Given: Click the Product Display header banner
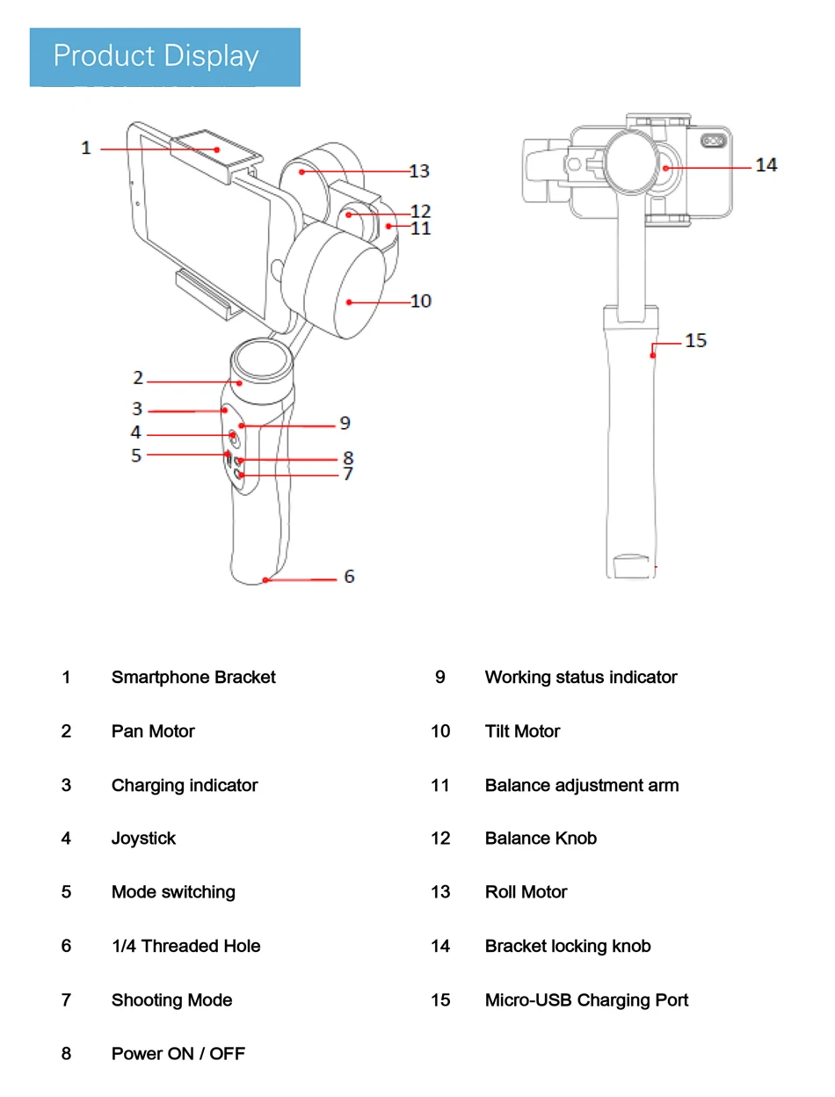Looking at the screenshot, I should coord(165,57).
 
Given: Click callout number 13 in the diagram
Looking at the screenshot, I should coord(419,171).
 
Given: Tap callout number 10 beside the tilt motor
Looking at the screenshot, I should coord(421,301).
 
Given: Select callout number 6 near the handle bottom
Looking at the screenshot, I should coord(349,577).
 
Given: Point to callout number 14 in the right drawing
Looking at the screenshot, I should coord(766,164).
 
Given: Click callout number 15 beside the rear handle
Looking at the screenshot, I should coord(695,340).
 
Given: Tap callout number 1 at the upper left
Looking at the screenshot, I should coord(86,148).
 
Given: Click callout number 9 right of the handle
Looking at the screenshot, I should coord(345,423).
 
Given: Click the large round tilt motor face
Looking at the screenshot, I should coord(338,280).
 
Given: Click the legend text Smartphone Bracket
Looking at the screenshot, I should coord(193,677).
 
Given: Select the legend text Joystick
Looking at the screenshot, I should coord(143,838).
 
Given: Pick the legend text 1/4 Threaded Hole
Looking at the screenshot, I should coord(185,946).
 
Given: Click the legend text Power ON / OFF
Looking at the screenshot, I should coord(178,1053).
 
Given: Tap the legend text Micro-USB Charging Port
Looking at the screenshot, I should coord(586,999).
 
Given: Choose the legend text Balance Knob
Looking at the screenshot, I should coord(541,838).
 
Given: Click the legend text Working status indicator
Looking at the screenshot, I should coord(581,677).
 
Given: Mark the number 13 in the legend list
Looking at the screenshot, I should coord(440,892).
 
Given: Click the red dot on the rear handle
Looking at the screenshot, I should coord(653,355).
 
